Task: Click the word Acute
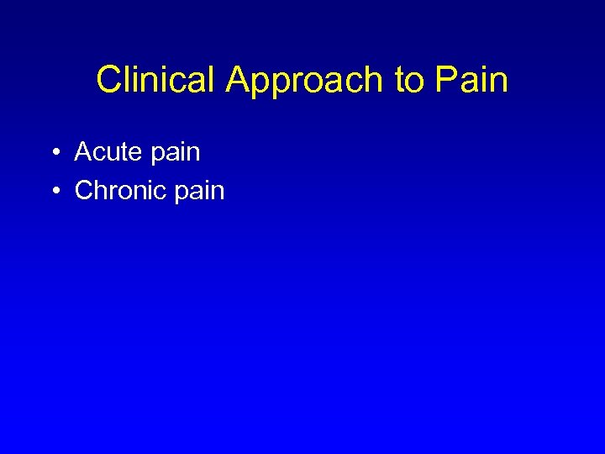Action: click(107, 152)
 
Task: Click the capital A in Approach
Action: click(237, 81)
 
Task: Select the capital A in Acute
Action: click(83, 152)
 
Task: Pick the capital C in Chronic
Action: click(85, 191)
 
